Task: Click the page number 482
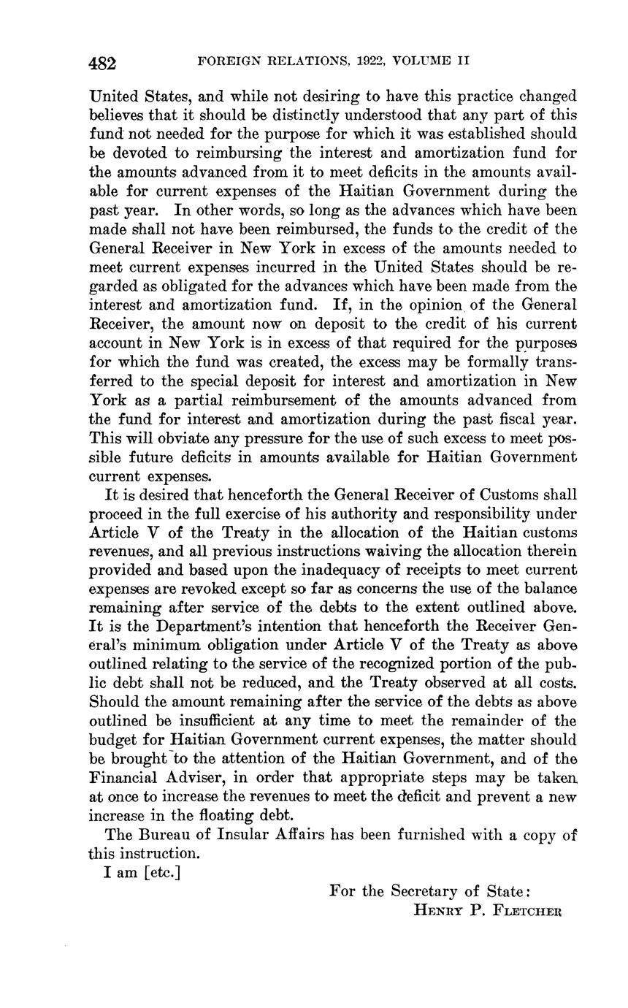coord(102,63)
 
